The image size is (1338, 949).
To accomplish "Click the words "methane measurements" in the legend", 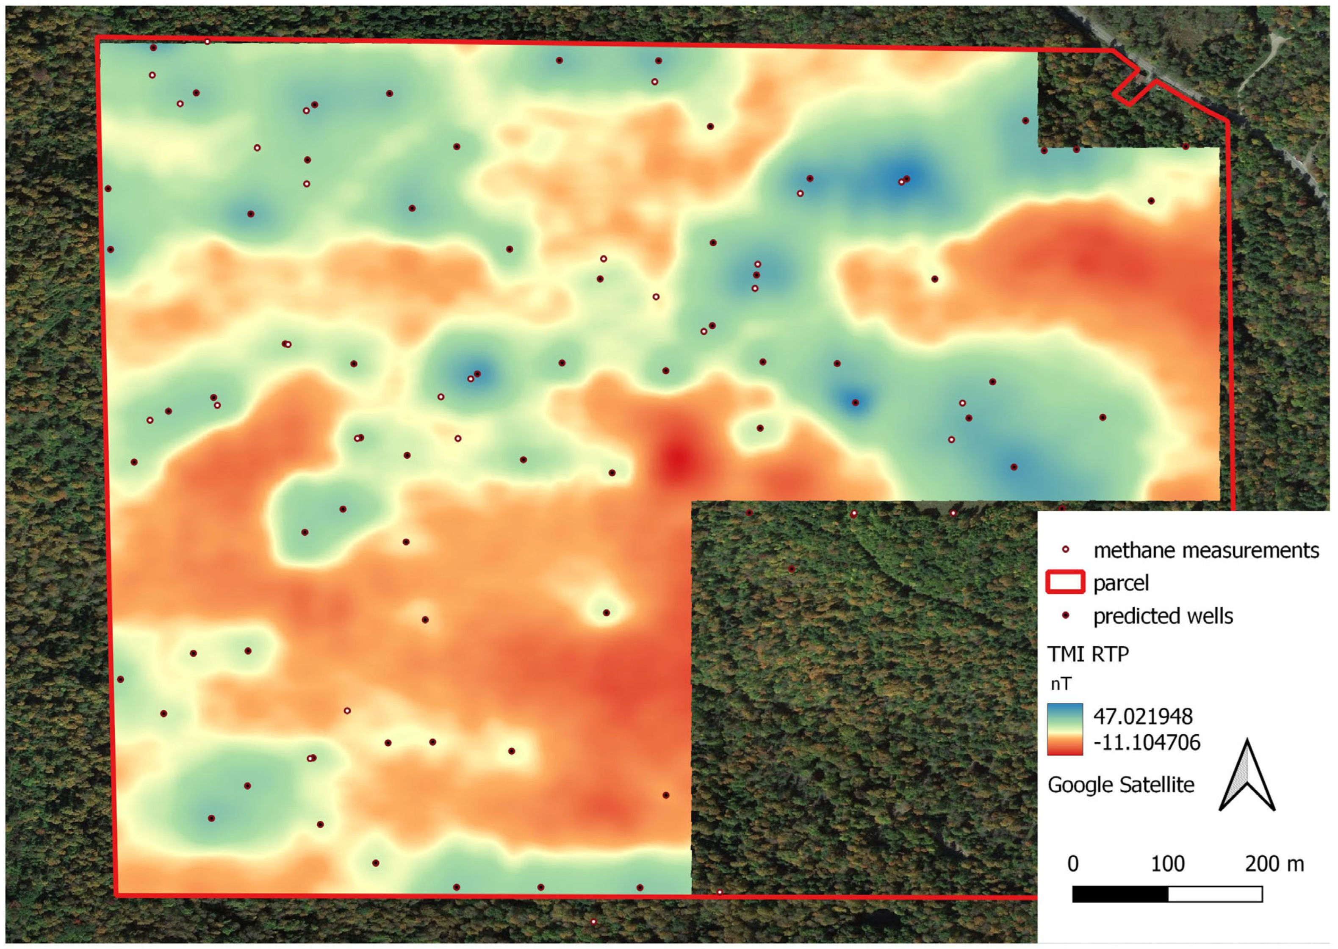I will click(1206, 550).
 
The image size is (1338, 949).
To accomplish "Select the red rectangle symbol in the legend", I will click(1065, 583).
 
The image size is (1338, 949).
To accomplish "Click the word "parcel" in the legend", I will click(1121, 583).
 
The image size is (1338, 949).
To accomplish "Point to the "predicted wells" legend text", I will click(1163, 616).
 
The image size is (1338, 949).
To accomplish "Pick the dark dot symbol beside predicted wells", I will click(1065, 616).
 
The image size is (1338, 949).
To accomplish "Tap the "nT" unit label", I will click(1061, 684).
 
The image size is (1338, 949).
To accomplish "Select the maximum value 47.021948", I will click(1143, 716).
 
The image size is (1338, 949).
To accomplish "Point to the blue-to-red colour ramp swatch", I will click(1064, 729).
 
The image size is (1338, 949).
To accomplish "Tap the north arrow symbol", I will click(1247, 777).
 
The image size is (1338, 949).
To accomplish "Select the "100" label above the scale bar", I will click(1167, 864).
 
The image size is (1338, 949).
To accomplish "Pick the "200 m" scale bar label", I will click(1274, 864).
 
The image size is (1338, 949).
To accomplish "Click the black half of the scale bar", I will click(1120, 894).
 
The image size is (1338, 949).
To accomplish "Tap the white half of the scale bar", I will click(1215, 894).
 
